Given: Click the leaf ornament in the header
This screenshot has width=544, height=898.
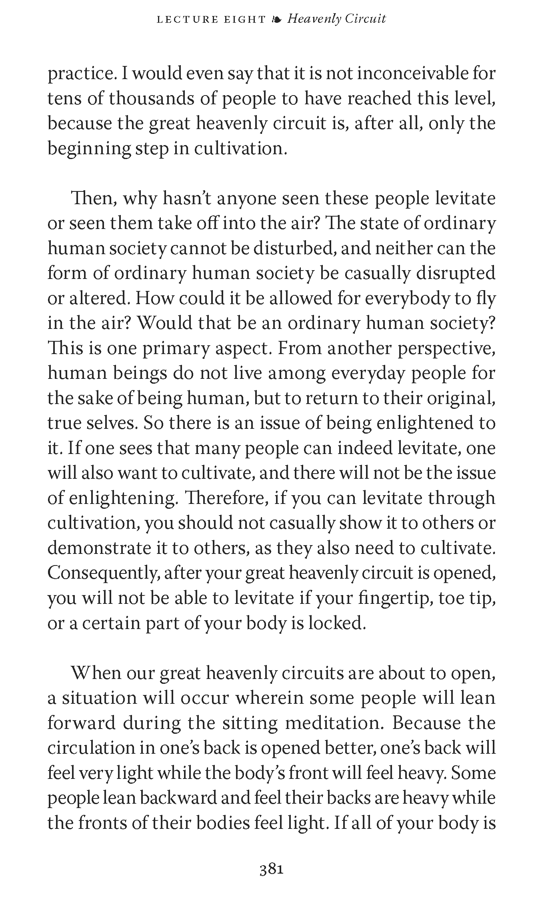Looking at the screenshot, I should (x=276, y=19).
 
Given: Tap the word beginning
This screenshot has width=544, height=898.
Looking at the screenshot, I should (x=88, y=149).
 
